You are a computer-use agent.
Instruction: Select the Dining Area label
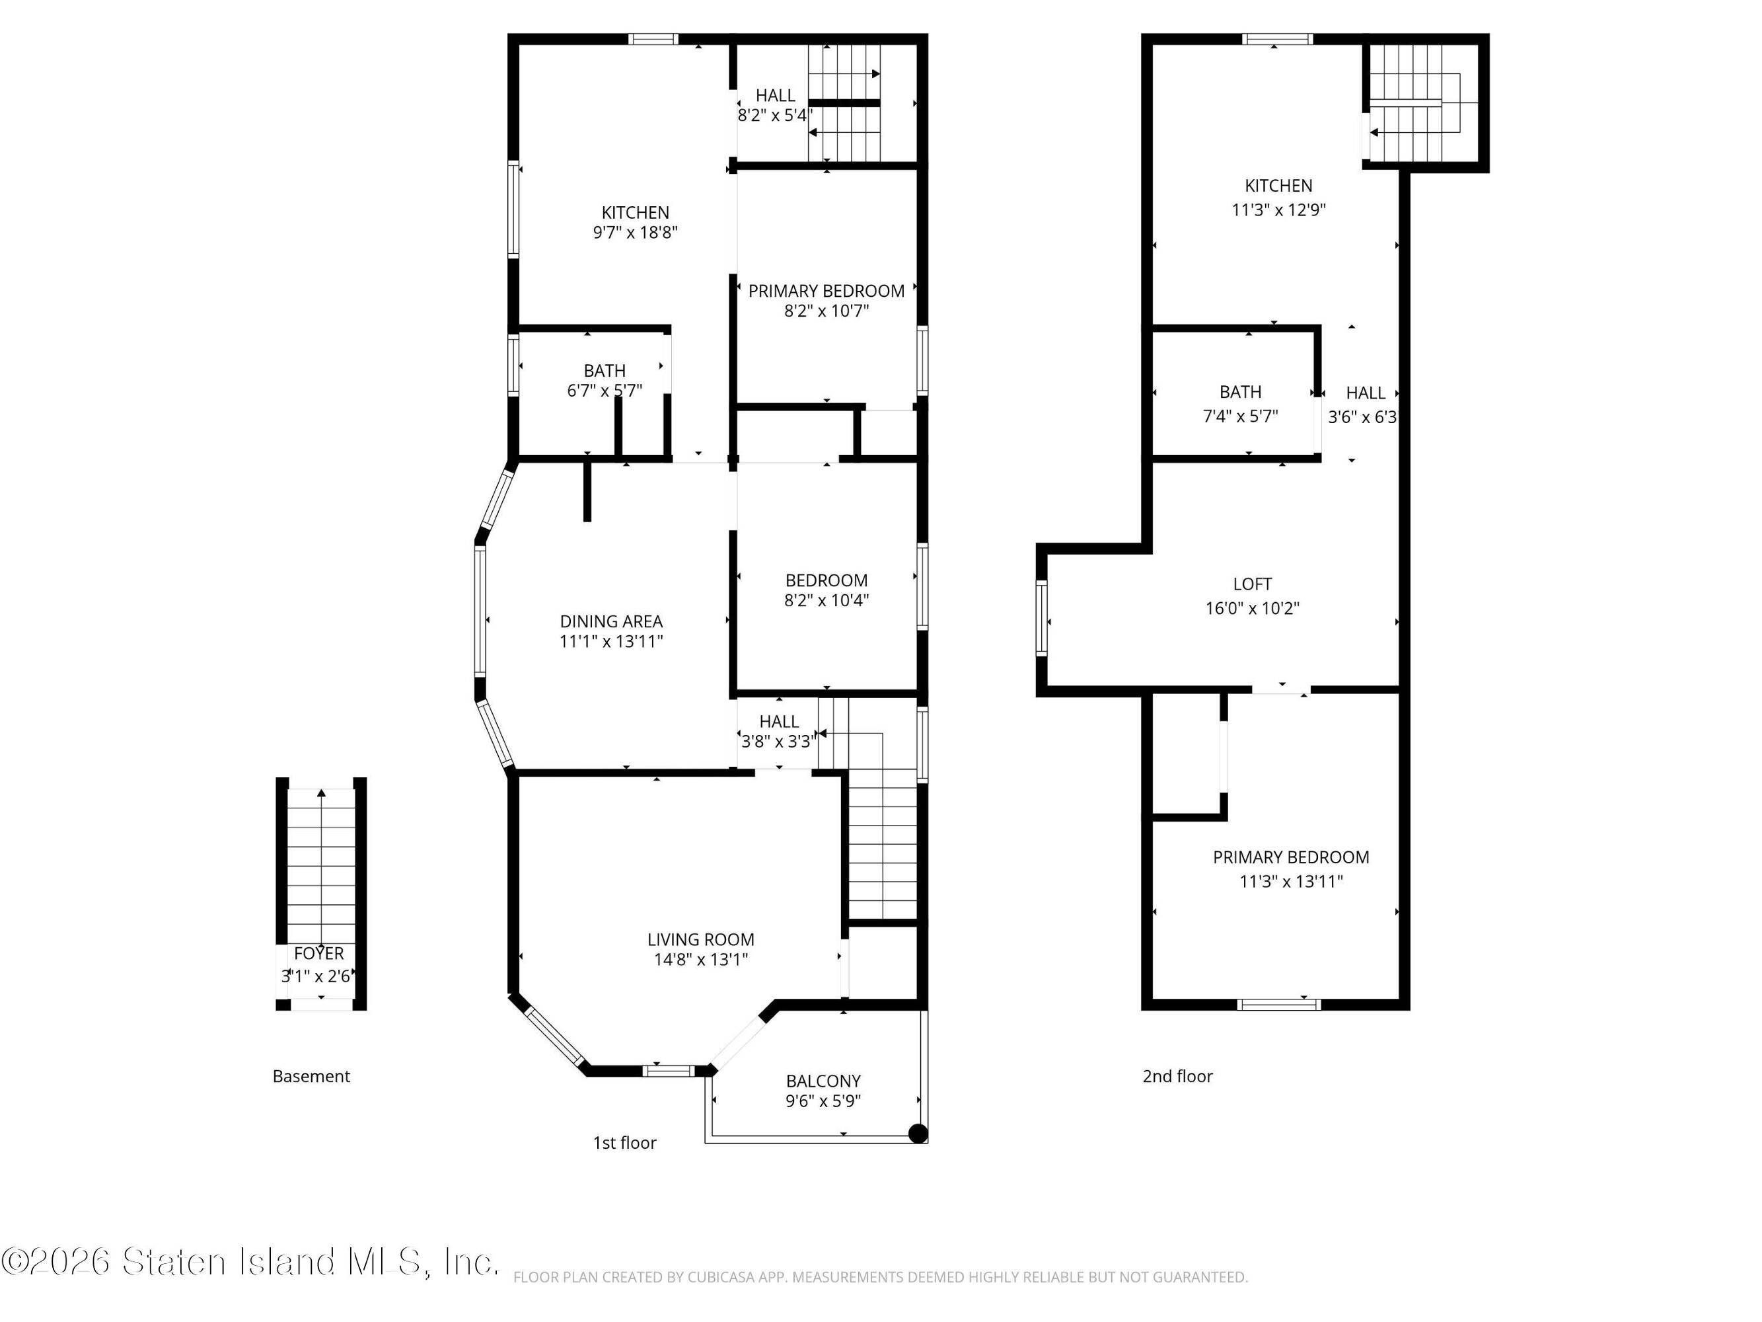click(x=611, y=621)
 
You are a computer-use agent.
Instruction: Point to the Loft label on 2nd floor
click(x=1252, y=584)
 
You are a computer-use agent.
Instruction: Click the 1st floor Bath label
click(x=605, y=371)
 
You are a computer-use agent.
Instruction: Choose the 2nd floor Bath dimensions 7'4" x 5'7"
click(x=1240, y=416)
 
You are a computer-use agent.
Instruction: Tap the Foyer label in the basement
click(x=318, y=953)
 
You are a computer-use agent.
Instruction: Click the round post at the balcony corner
click(x=918, y=1133)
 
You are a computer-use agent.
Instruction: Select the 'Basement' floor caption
click(x=311, y=1077)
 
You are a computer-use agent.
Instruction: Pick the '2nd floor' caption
click(x=1177, y=1077)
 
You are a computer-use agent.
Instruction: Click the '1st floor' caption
click(x=624, y=1143)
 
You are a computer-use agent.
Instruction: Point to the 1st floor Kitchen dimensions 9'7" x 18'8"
click(x=635, y=233)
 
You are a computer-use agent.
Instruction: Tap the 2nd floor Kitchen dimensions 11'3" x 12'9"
click(x=1278, y=210)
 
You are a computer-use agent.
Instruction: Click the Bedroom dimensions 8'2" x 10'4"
click(x=826, y=600)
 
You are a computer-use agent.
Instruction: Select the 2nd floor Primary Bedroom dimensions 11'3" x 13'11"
click(x=1291, y=881)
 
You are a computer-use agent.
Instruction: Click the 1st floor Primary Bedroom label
click(x=826, y=291)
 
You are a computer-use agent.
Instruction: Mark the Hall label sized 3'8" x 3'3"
click(x=779, y=721)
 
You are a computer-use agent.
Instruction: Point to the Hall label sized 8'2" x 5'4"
click(x=775, y=96)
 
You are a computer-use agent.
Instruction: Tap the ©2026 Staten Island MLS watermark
click(x=250, y=1261)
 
